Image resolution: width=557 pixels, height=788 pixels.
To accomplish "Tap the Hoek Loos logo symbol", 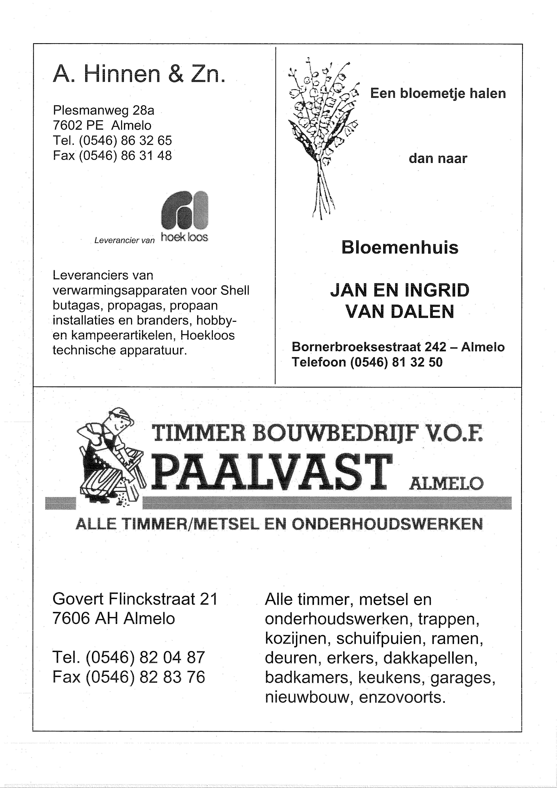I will pyautogui.click(x=185, y=210).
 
